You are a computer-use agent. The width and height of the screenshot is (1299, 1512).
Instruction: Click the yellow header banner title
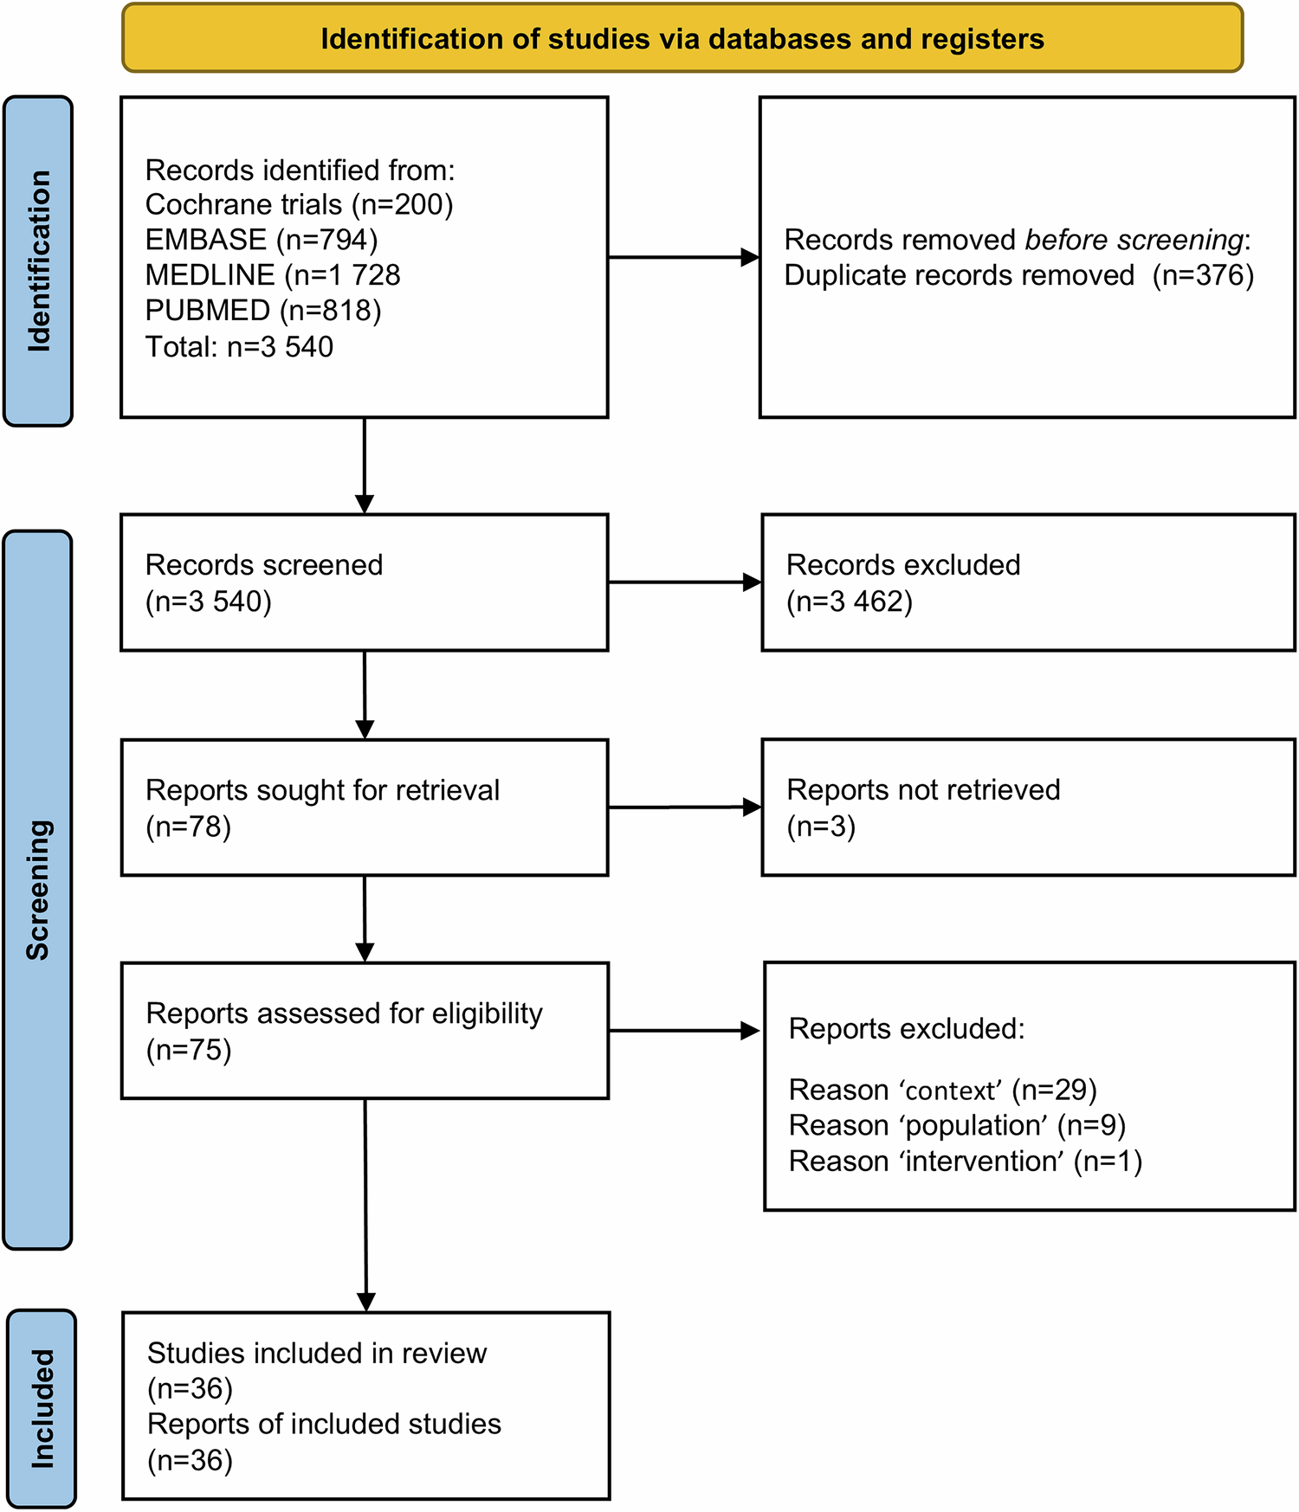coord(682,39)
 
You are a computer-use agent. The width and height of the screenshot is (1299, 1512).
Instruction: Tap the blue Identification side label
coord(39,261)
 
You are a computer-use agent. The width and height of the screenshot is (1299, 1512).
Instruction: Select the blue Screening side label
coord(38,889)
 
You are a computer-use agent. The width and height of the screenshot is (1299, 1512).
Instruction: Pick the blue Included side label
coord(42,1408)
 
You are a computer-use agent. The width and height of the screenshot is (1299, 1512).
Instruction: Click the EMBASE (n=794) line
coord(261,240)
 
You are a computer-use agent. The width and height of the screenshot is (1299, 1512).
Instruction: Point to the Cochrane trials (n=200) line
coord(299,204)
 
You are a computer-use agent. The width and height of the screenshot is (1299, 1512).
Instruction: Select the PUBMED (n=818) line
coord(262,311)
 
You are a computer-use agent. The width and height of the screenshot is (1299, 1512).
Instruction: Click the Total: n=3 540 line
coord(239,347)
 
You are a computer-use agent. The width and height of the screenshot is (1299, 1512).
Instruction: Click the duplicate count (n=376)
coord(1202,275)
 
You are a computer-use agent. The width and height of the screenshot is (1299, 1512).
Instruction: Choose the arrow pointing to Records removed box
coord(683,257)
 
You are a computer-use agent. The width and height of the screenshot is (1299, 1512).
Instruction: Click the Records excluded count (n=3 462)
coord(850,602)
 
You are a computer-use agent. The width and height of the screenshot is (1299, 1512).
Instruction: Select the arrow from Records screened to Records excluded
coord(684,582)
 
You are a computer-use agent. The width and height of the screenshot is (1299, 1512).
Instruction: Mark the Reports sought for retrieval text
coord(322,790)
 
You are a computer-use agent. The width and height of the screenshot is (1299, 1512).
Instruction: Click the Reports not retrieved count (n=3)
coord(821,827)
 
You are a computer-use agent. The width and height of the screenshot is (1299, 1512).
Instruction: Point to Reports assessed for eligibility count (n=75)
coord(189,1050)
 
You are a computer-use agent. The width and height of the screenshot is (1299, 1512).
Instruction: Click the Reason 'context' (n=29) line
coord(942,1090)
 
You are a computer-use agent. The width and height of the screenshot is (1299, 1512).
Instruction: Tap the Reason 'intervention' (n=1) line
coord(965,1161)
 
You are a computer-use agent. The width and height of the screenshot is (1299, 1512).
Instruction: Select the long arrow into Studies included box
coord(365,1203)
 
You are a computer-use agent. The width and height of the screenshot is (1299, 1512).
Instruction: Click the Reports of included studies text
coord(324,1424)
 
